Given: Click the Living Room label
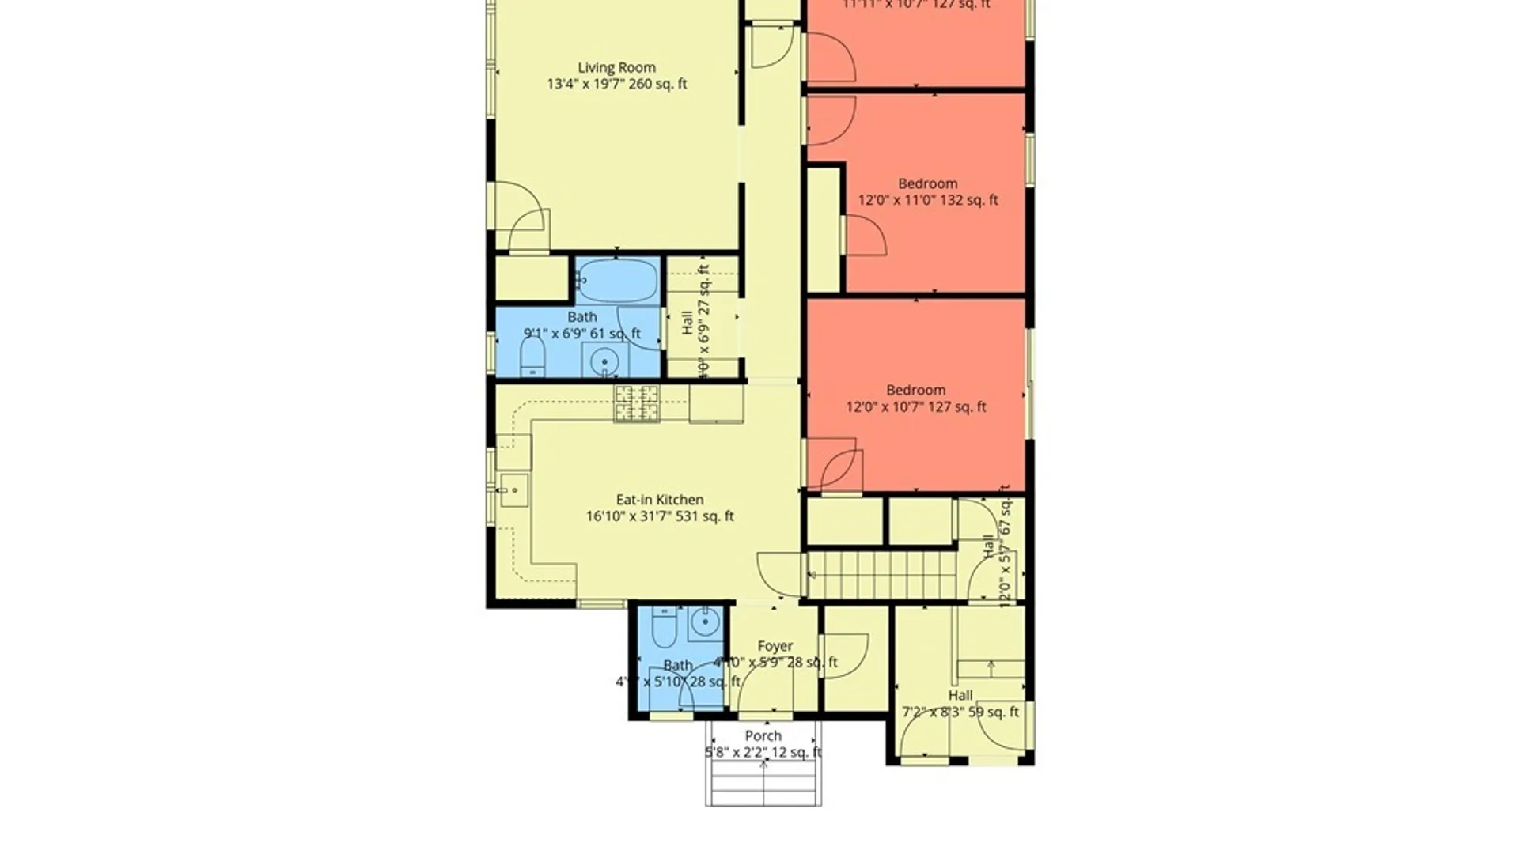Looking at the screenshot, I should point(616,68).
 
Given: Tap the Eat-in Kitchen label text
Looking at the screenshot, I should point(660,500).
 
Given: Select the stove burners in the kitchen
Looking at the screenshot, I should point(637,402).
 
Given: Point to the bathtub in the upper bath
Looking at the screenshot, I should point(617,280).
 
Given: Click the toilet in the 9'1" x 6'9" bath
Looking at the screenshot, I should point(532,357).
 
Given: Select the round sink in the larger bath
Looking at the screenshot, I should point(605,361).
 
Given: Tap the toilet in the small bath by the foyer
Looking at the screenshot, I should point(664,628).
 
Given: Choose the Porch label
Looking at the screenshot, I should point(763,736).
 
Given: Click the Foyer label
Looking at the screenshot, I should point(775,646).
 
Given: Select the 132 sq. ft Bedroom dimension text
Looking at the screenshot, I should point(928,201).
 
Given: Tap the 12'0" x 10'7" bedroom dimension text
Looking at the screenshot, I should point(916,407).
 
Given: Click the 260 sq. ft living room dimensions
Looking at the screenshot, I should point(616,85).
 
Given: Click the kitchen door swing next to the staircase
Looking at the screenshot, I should point(779,573).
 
